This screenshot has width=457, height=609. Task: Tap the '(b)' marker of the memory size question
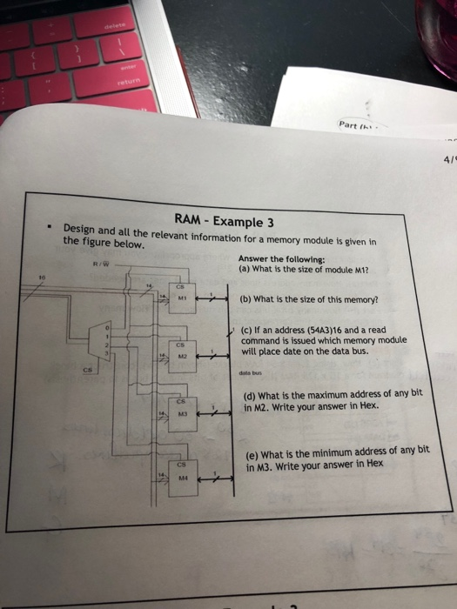tap(246, 300)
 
